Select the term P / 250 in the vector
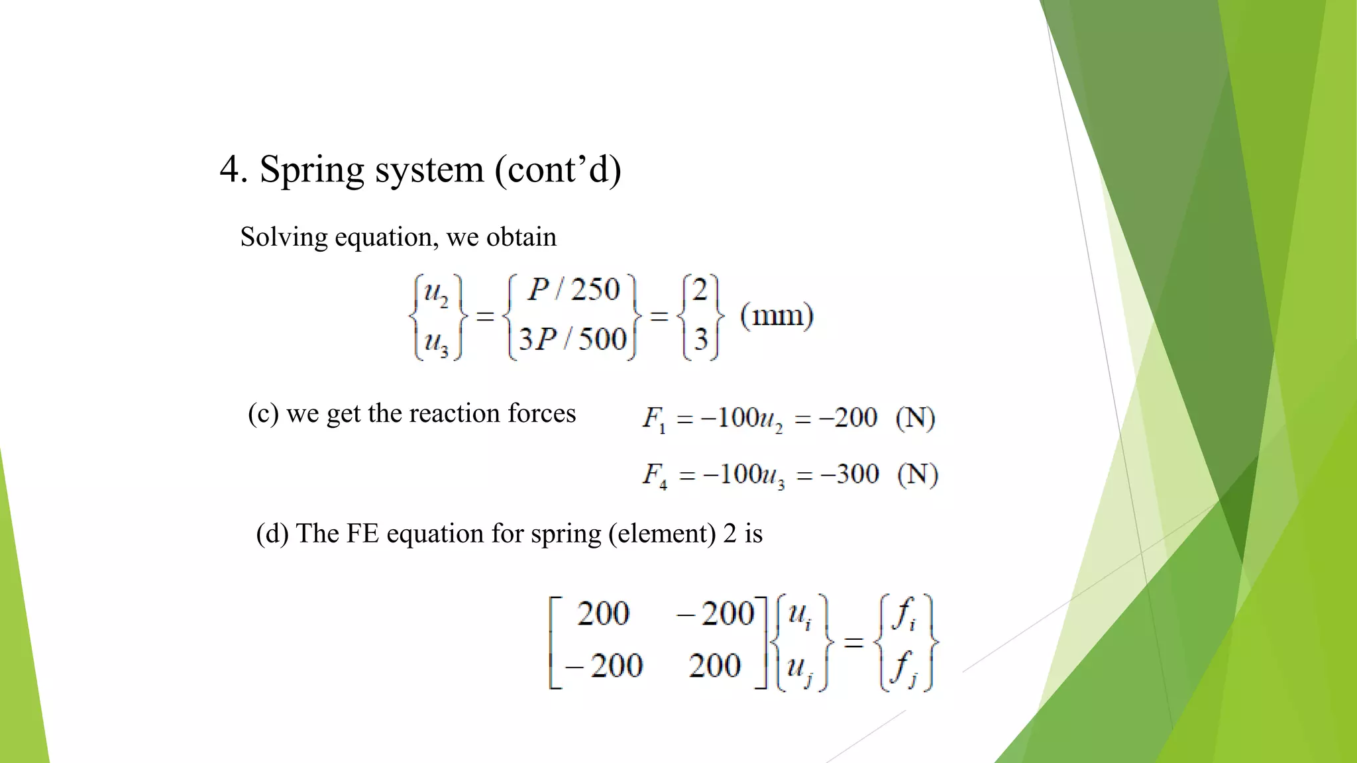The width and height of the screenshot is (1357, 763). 573,290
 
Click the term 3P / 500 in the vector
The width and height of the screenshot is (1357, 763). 572,339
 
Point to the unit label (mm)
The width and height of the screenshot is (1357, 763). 777,315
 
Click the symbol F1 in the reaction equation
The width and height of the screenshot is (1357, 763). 654,419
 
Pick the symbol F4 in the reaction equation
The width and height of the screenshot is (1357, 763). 655,475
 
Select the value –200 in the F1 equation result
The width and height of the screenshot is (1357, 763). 848,418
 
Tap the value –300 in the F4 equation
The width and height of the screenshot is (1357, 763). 849,474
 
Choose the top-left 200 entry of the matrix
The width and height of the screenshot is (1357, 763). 602,613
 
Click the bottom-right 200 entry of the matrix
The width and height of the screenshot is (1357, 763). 714,666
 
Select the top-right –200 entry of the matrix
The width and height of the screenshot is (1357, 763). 716,613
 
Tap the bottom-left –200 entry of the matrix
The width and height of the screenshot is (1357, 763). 604,666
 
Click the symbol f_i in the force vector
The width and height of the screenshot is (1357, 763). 904,615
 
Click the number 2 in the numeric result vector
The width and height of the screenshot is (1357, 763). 700,290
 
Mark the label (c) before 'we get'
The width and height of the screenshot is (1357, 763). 263,414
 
